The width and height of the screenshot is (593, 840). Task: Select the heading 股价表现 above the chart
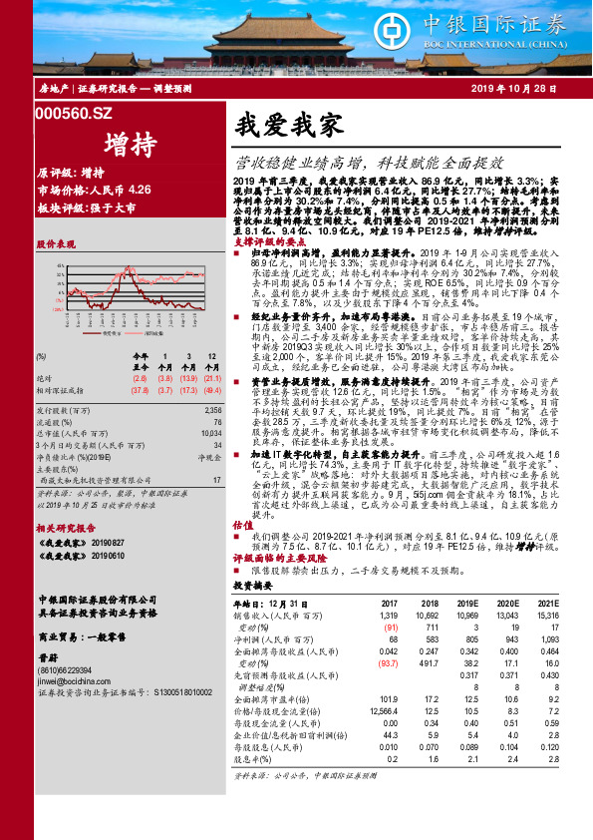coord(58,242)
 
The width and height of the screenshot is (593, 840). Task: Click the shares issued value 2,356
coord(210,410)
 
